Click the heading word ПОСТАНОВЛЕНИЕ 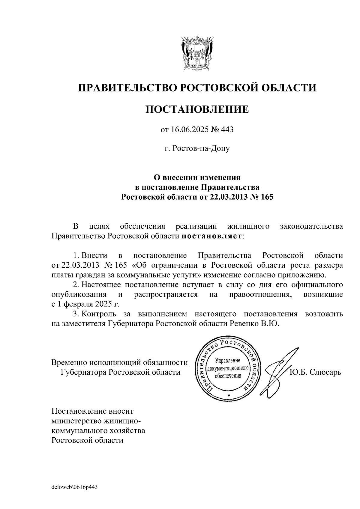[197, 109]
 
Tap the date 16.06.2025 [188, 130]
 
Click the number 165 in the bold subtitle [267, 197]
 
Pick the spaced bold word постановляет [211, 236]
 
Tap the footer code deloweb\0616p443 [75, 487]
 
